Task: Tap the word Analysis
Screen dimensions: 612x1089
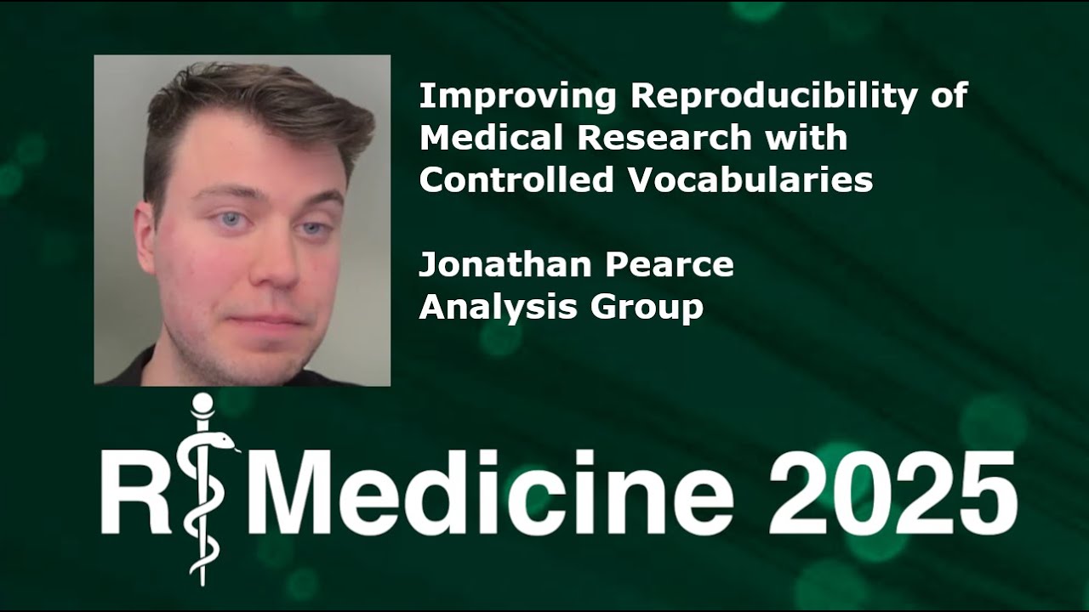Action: [x=485, y=307]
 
